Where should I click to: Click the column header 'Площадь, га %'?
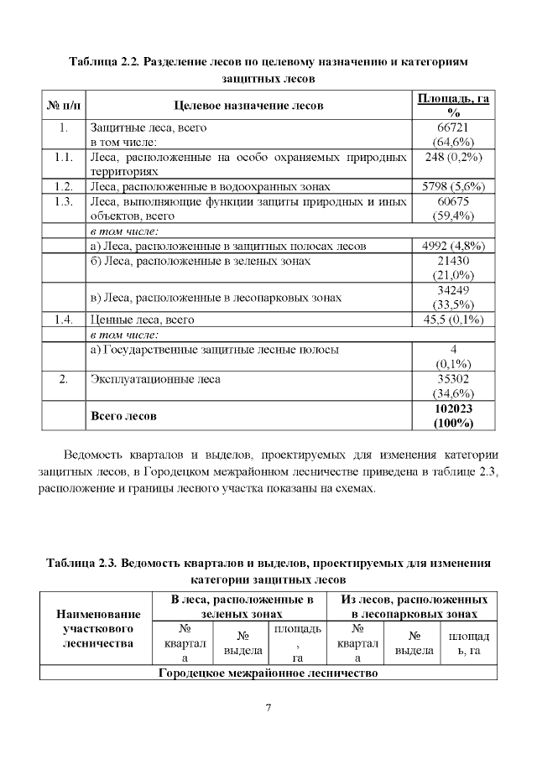453,106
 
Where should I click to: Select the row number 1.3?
62,201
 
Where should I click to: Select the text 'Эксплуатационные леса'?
155,379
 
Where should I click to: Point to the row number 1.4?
62,320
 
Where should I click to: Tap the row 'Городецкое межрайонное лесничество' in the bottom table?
268,673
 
